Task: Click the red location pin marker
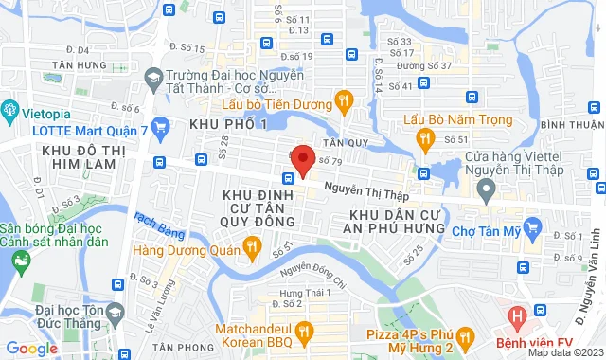point(302,160)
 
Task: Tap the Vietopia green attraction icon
point(11,109)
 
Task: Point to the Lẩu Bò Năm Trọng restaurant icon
point(425,138)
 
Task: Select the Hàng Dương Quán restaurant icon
point(252,249)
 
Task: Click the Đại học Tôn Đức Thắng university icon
point(115,312)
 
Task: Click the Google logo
point(32,348)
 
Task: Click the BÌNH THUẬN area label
point(572,124)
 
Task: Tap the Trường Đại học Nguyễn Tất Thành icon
point(153,75)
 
